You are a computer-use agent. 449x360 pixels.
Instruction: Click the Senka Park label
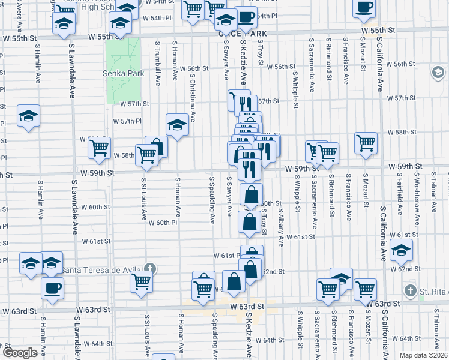128,74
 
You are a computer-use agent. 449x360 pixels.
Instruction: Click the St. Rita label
431,292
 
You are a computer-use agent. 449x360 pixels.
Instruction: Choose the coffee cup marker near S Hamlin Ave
52,287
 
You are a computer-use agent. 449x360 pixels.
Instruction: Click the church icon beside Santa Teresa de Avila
151,268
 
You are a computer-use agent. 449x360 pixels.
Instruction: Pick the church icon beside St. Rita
410,292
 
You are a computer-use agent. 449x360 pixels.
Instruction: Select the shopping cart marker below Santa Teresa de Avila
142,280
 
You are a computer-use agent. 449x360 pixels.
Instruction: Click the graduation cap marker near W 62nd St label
401,249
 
